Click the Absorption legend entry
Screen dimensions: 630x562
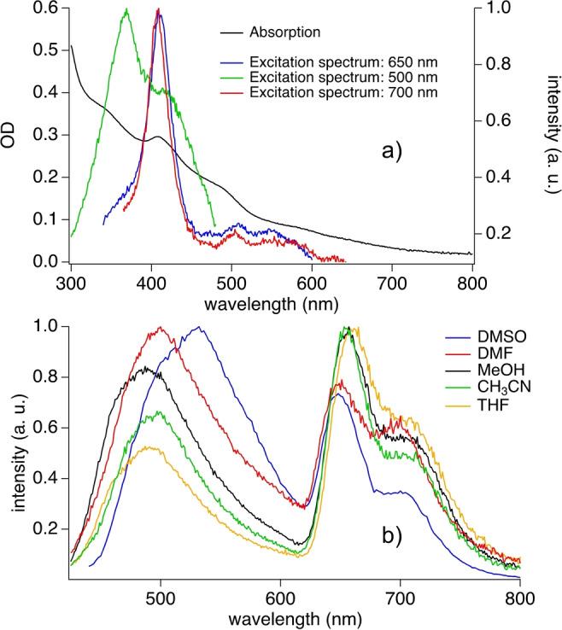pos(284,34)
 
